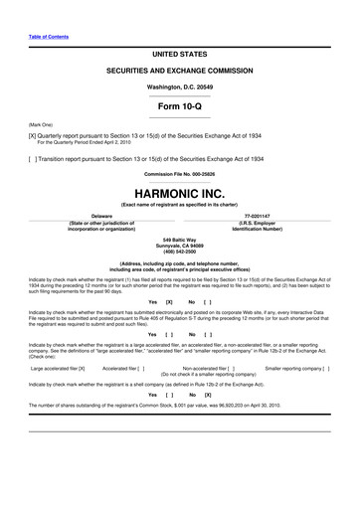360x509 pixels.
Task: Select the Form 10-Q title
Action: [180, 104]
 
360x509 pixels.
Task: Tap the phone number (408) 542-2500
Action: [180, 252]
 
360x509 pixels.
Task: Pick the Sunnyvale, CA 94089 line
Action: [180, 245]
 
